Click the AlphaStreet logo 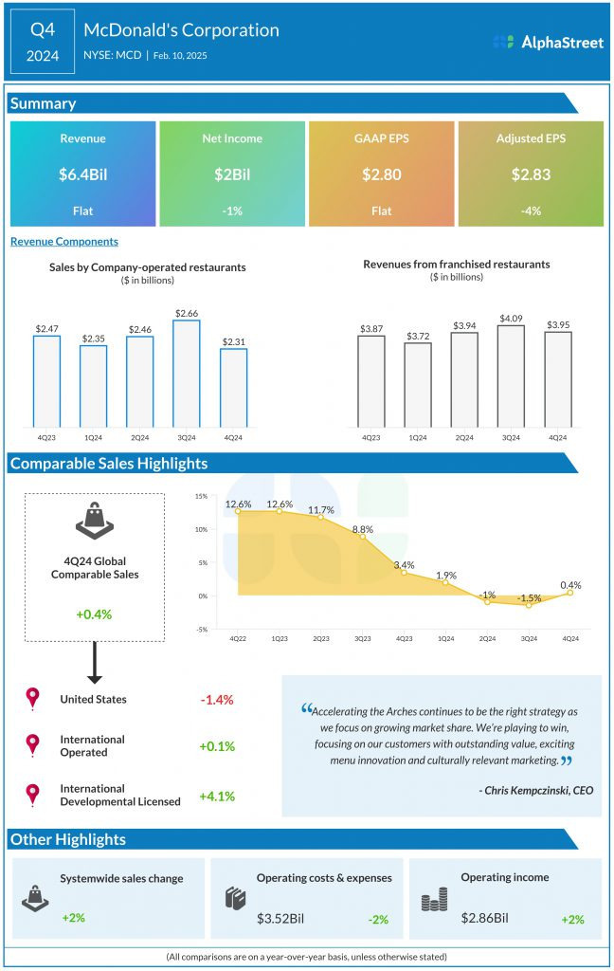[549, 42]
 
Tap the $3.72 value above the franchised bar [418, 337]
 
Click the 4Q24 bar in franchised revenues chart [558, 379]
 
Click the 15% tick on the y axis [201, 496]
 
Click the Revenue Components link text [64, 242]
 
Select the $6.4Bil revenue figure [82, 174]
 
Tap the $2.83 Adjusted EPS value [531, 174]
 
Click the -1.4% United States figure [216, 700]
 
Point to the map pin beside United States [33, 699]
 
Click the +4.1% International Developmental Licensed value [216, 795]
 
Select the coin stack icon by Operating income [434, 900]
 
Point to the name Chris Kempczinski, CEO [536, 789]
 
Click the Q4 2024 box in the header [44, 43]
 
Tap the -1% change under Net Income [232, 211]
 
